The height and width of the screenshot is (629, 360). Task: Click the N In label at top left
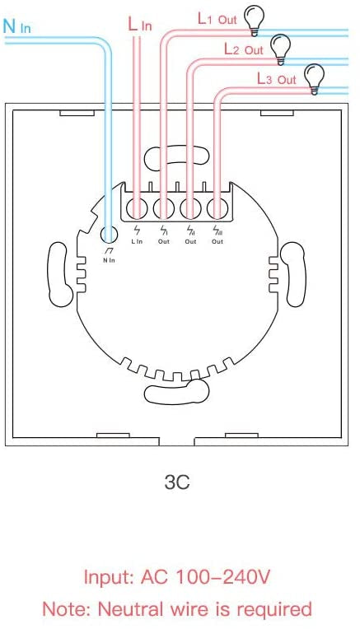[x=17, y=26]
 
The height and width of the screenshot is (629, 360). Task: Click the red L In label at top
[x=140, y=25]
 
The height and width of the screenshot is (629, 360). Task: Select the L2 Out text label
[x=243, y=49]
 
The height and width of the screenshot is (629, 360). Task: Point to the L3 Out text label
[x=276, y=79]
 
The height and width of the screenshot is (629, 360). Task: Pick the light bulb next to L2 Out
[x=282, y=47]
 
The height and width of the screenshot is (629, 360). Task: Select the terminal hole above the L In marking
[x=138, y=206]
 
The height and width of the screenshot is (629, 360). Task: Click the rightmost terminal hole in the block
[x=217, y=206]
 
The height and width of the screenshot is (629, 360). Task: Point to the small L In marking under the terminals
[x=137, y=241]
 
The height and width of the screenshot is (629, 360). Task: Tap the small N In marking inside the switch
[x=109, y=260]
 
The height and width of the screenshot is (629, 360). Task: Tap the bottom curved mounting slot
[x=176, y=394]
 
